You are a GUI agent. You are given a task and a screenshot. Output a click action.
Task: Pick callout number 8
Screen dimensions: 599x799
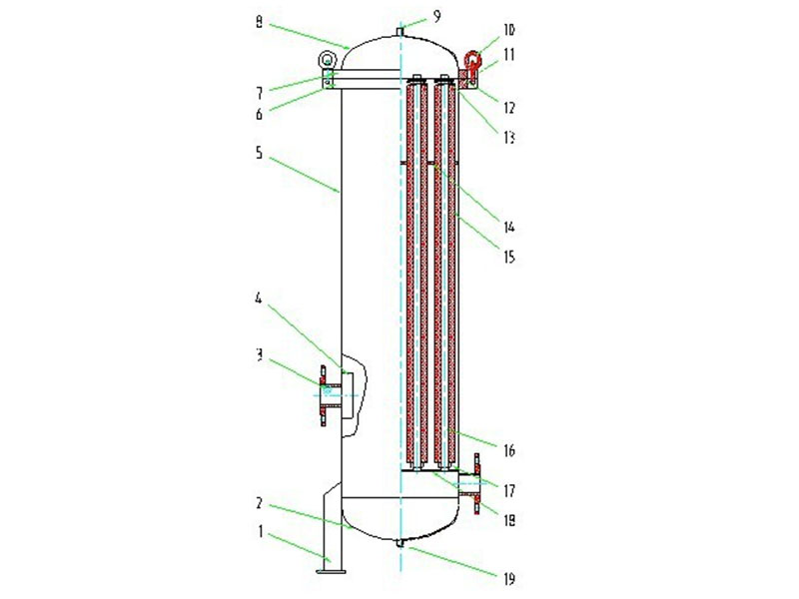coord(260,20)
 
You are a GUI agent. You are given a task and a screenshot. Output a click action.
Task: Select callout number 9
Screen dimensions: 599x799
coord(407,15)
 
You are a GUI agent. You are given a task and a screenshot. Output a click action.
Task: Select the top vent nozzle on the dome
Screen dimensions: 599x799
coord(399,32)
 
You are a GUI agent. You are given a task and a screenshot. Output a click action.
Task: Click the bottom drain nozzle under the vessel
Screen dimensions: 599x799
coord(399,543)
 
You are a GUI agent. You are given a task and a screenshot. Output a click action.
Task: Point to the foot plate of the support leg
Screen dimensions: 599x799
coord(329,571)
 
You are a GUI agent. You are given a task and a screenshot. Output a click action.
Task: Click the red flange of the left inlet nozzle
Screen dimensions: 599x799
coord(323,395)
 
